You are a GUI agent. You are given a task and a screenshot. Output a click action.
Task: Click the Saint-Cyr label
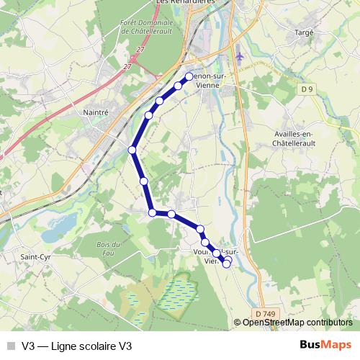(34, 256)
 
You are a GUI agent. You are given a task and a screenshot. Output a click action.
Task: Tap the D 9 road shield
(307, 89)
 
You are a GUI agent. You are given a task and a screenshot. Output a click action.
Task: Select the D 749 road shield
(265, 313)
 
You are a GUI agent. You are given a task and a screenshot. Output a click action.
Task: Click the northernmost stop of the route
(190, 76)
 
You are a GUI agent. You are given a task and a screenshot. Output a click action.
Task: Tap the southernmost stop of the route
(227, 264)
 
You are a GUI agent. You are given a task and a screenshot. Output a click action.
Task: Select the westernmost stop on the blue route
(132, 150)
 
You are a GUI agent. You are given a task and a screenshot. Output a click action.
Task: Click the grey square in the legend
(11, 345)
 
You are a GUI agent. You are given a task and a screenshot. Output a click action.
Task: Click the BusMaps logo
(326, 345)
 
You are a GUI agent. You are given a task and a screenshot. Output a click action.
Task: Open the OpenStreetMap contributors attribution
(297, 322)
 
